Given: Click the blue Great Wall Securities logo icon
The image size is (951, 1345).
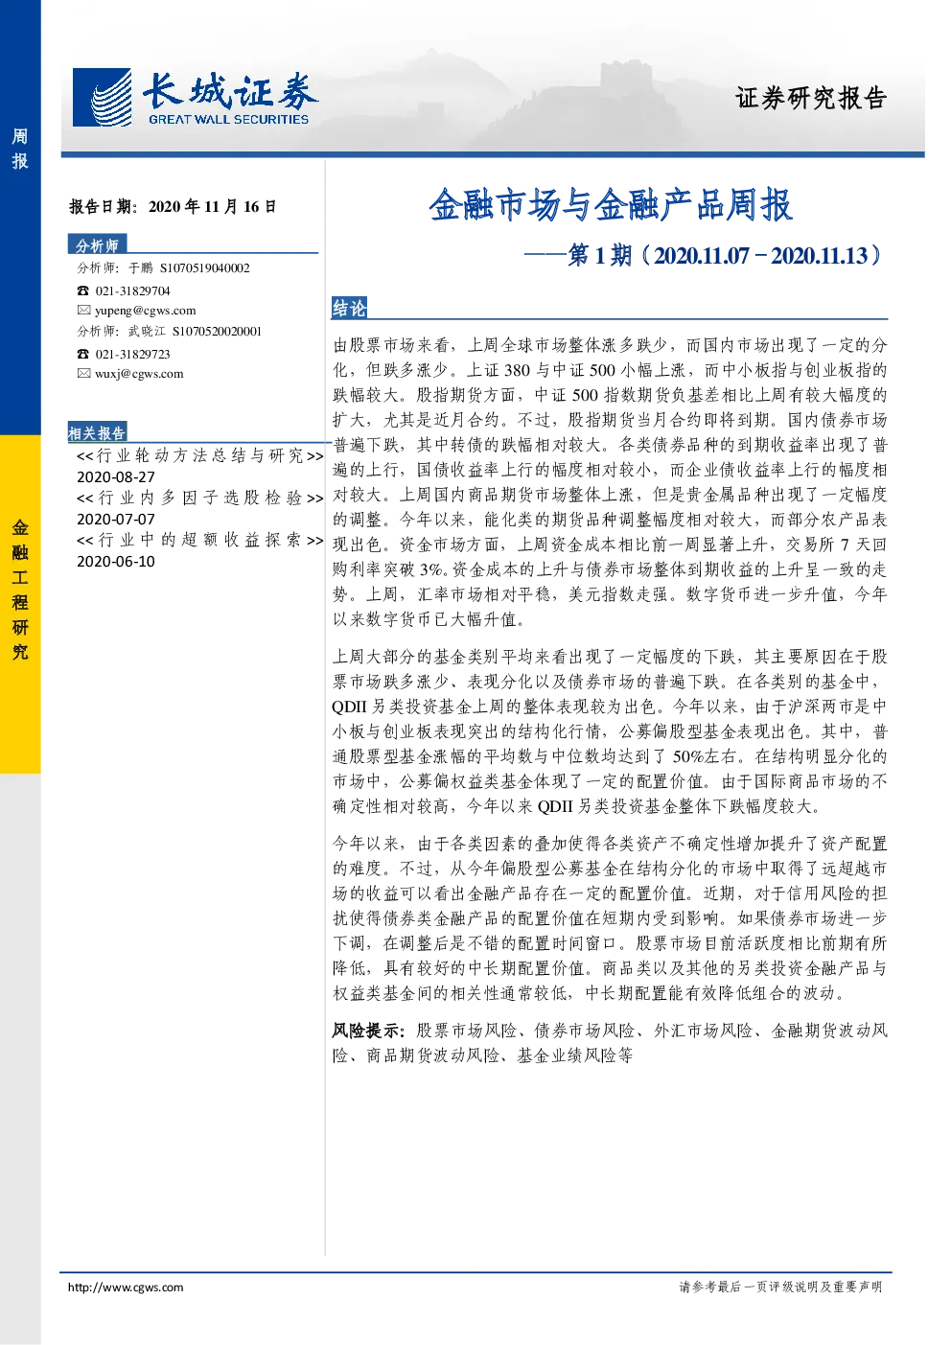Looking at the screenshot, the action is [x=102, y=97].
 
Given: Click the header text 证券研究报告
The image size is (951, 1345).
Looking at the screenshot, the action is [x=811, y=98].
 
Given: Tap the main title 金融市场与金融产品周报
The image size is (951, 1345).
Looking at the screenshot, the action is [x=611, y=205].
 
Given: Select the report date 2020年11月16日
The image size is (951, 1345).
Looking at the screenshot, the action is [x=212, y=206].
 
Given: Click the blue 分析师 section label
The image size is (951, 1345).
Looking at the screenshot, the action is [x=97, y=245].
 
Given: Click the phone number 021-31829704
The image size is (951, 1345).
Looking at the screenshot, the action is [x=132, y=291].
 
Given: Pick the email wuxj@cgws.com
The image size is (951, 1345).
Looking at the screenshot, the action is [x=139, y=374].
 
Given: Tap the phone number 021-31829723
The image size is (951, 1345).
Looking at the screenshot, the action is [x=132, y=355].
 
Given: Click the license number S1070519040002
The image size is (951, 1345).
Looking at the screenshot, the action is [x=204, y=267].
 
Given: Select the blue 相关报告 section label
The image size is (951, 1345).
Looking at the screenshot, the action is [x=97, y=432].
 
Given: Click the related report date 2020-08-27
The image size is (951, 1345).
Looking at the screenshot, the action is [x=116, y=477].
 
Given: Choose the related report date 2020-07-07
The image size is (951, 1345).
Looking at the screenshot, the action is [x=116, y=520].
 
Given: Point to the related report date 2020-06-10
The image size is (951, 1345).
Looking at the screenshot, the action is [x=116, y=562].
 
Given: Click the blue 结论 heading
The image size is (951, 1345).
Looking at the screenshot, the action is [x=349, y=308].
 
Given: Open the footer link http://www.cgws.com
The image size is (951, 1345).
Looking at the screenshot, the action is [x=126, y=1287].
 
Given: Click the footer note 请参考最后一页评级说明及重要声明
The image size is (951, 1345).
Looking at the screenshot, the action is [x=780, y=1287].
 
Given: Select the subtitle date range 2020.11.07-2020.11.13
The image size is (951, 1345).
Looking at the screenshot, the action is [x=760, y=256].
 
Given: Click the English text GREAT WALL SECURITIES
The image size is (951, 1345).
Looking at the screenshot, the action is [x=229, y=120].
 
